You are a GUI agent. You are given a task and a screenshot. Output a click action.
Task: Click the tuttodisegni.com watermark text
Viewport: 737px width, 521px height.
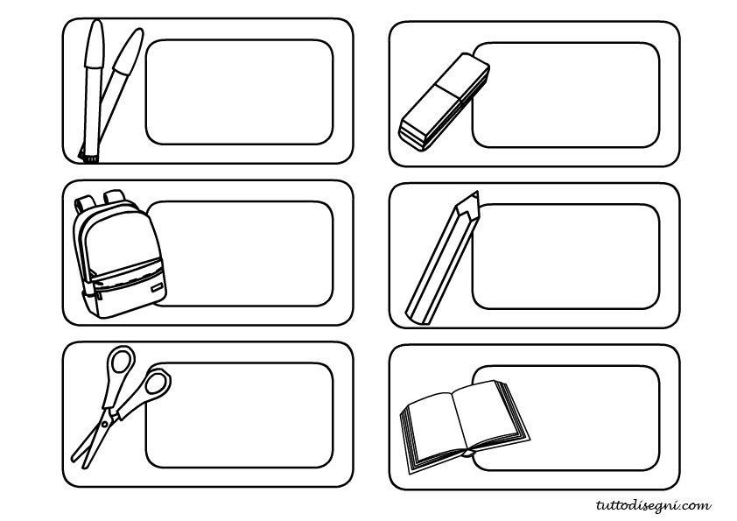coord(653,505)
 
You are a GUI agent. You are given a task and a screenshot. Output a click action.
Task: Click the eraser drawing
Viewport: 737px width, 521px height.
coord(445,102)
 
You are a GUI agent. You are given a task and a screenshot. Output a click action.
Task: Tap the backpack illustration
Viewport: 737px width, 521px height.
coord(119,254)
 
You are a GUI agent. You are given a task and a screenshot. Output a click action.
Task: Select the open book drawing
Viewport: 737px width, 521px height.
coord(465,426)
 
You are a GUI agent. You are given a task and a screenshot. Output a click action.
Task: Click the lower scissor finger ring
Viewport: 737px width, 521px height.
coord(157,384)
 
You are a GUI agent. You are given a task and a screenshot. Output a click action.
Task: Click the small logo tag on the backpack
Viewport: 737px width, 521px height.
coord(158,287)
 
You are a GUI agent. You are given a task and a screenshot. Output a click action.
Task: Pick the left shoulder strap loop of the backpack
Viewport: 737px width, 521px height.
coord(83,204)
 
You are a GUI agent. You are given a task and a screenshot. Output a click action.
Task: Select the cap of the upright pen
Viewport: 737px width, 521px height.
coord(94,45)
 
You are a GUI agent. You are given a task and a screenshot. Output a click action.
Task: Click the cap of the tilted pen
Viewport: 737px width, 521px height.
coord(129,51)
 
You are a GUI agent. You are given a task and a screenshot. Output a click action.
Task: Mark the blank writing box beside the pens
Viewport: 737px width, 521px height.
coord(239,92)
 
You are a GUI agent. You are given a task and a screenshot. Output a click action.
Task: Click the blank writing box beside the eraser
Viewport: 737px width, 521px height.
coord(566,95)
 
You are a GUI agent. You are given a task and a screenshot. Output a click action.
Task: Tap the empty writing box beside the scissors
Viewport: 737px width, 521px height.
coord(239,415)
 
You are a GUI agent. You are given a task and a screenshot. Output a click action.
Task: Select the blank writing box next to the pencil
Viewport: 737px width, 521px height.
coord(566,257)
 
